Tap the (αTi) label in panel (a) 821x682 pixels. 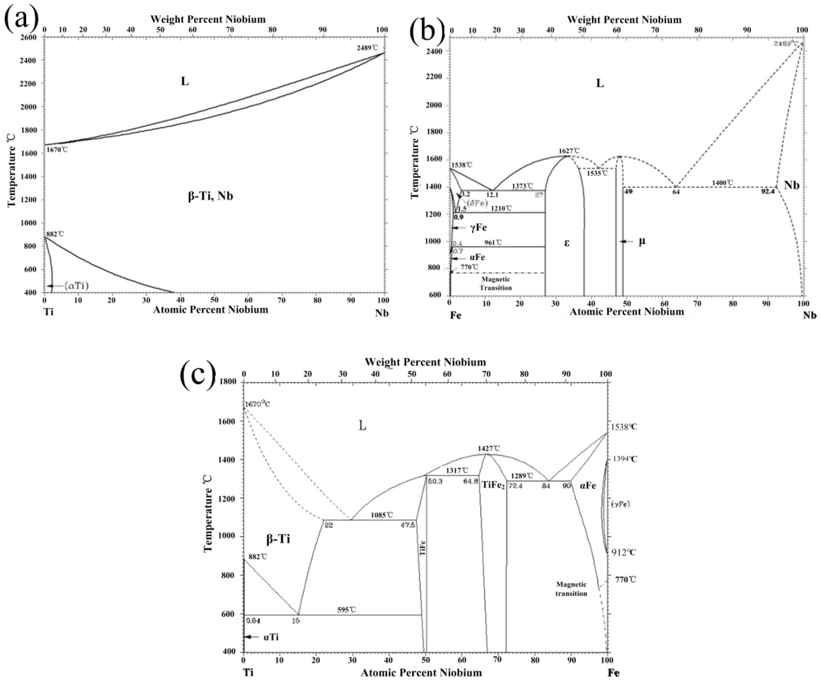pos(76,286)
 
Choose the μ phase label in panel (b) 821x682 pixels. pos(642,241)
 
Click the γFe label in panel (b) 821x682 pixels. pos(478,227)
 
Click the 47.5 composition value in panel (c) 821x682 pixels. pos(407,525)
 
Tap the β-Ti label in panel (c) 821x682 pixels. pos(278,539)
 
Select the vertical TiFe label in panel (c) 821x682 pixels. pos(422,548)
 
